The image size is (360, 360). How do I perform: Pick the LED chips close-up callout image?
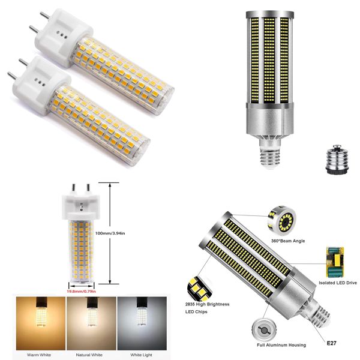coord(199,287)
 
